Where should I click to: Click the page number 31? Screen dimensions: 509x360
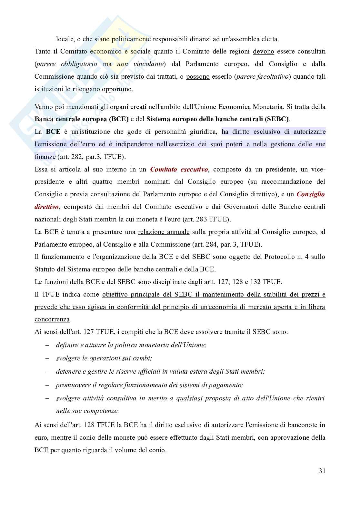tap(322, 471)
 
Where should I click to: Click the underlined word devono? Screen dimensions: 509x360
tap(264, 51)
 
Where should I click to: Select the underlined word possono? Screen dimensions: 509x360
tap(198, 77)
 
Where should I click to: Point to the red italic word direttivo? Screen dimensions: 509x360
tap(46, 207)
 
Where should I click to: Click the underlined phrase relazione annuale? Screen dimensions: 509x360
tap(164, 232)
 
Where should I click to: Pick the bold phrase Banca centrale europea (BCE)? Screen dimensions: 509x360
tap(82, 119)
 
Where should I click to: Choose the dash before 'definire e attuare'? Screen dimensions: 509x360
tap(47, 345)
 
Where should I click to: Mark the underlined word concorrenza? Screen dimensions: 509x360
tap(52, 319)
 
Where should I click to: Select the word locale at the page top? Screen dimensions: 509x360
tap(65, 39)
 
